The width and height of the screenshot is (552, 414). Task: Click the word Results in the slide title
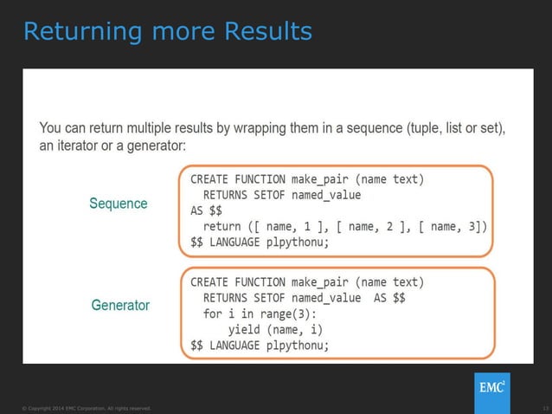[267, 31]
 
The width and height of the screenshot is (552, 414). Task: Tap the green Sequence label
[119, 204]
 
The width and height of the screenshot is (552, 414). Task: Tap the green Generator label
[120, 306]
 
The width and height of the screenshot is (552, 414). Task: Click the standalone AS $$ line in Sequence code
[204, 211]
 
